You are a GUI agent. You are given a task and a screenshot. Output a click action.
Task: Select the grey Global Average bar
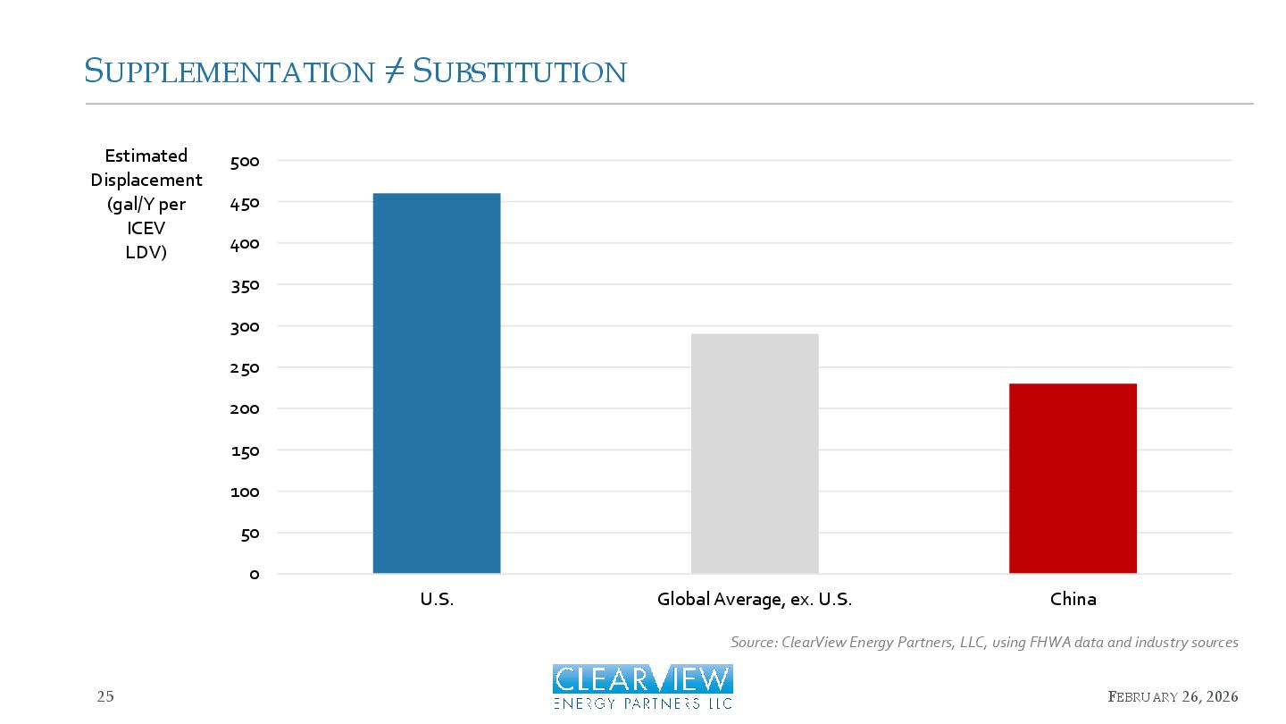[755, 453]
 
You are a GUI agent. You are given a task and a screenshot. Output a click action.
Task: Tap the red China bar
[1073, 478]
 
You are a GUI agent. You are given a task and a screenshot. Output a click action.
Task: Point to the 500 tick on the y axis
[244, 162]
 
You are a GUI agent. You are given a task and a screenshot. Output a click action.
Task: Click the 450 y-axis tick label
[244, 203]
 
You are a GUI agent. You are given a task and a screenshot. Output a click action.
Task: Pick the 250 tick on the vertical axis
[244, 368]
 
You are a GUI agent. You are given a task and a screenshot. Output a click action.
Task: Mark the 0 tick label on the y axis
[255, 575]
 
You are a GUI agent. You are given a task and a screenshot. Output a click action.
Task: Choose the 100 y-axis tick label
[244, 492]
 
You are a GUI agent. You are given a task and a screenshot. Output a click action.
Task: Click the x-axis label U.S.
[437, 600]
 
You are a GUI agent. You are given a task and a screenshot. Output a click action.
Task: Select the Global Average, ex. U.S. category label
[755, 600]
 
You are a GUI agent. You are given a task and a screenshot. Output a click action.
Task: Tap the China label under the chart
[1073, 600]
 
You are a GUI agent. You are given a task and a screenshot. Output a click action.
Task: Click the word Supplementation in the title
[228, 72]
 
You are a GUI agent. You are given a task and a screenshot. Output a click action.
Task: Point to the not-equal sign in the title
[392, 72]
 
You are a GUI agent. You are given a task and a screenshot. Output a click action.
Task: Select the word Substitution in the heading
[519, 72]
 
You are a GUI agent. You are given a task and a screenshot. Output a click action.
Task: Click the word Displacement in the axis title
[146, 180]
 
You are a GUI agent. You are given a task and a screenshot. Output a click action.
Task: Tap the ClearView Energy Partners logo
[643, 686]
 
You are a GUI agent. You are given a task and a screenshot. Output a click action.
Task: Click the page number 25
[105, 697]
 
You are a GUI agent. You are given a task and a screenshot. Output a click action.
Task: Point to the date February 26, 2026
[1173, 697]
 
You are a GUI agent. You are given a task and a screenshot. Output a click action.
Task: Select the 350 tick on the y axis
[244, 286]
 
